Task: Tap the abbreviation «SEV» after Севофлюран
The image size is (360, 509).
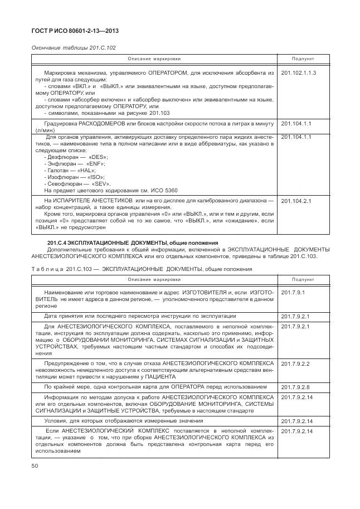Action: tap(100, 183)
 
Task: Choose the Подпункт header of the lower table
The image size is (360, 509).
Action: tap(303, 279)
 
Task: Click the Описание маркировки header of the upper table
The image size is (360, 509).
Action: tap(154, 59)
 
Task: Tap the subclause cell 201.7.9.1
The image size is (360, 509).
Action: tap(291, 292)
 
